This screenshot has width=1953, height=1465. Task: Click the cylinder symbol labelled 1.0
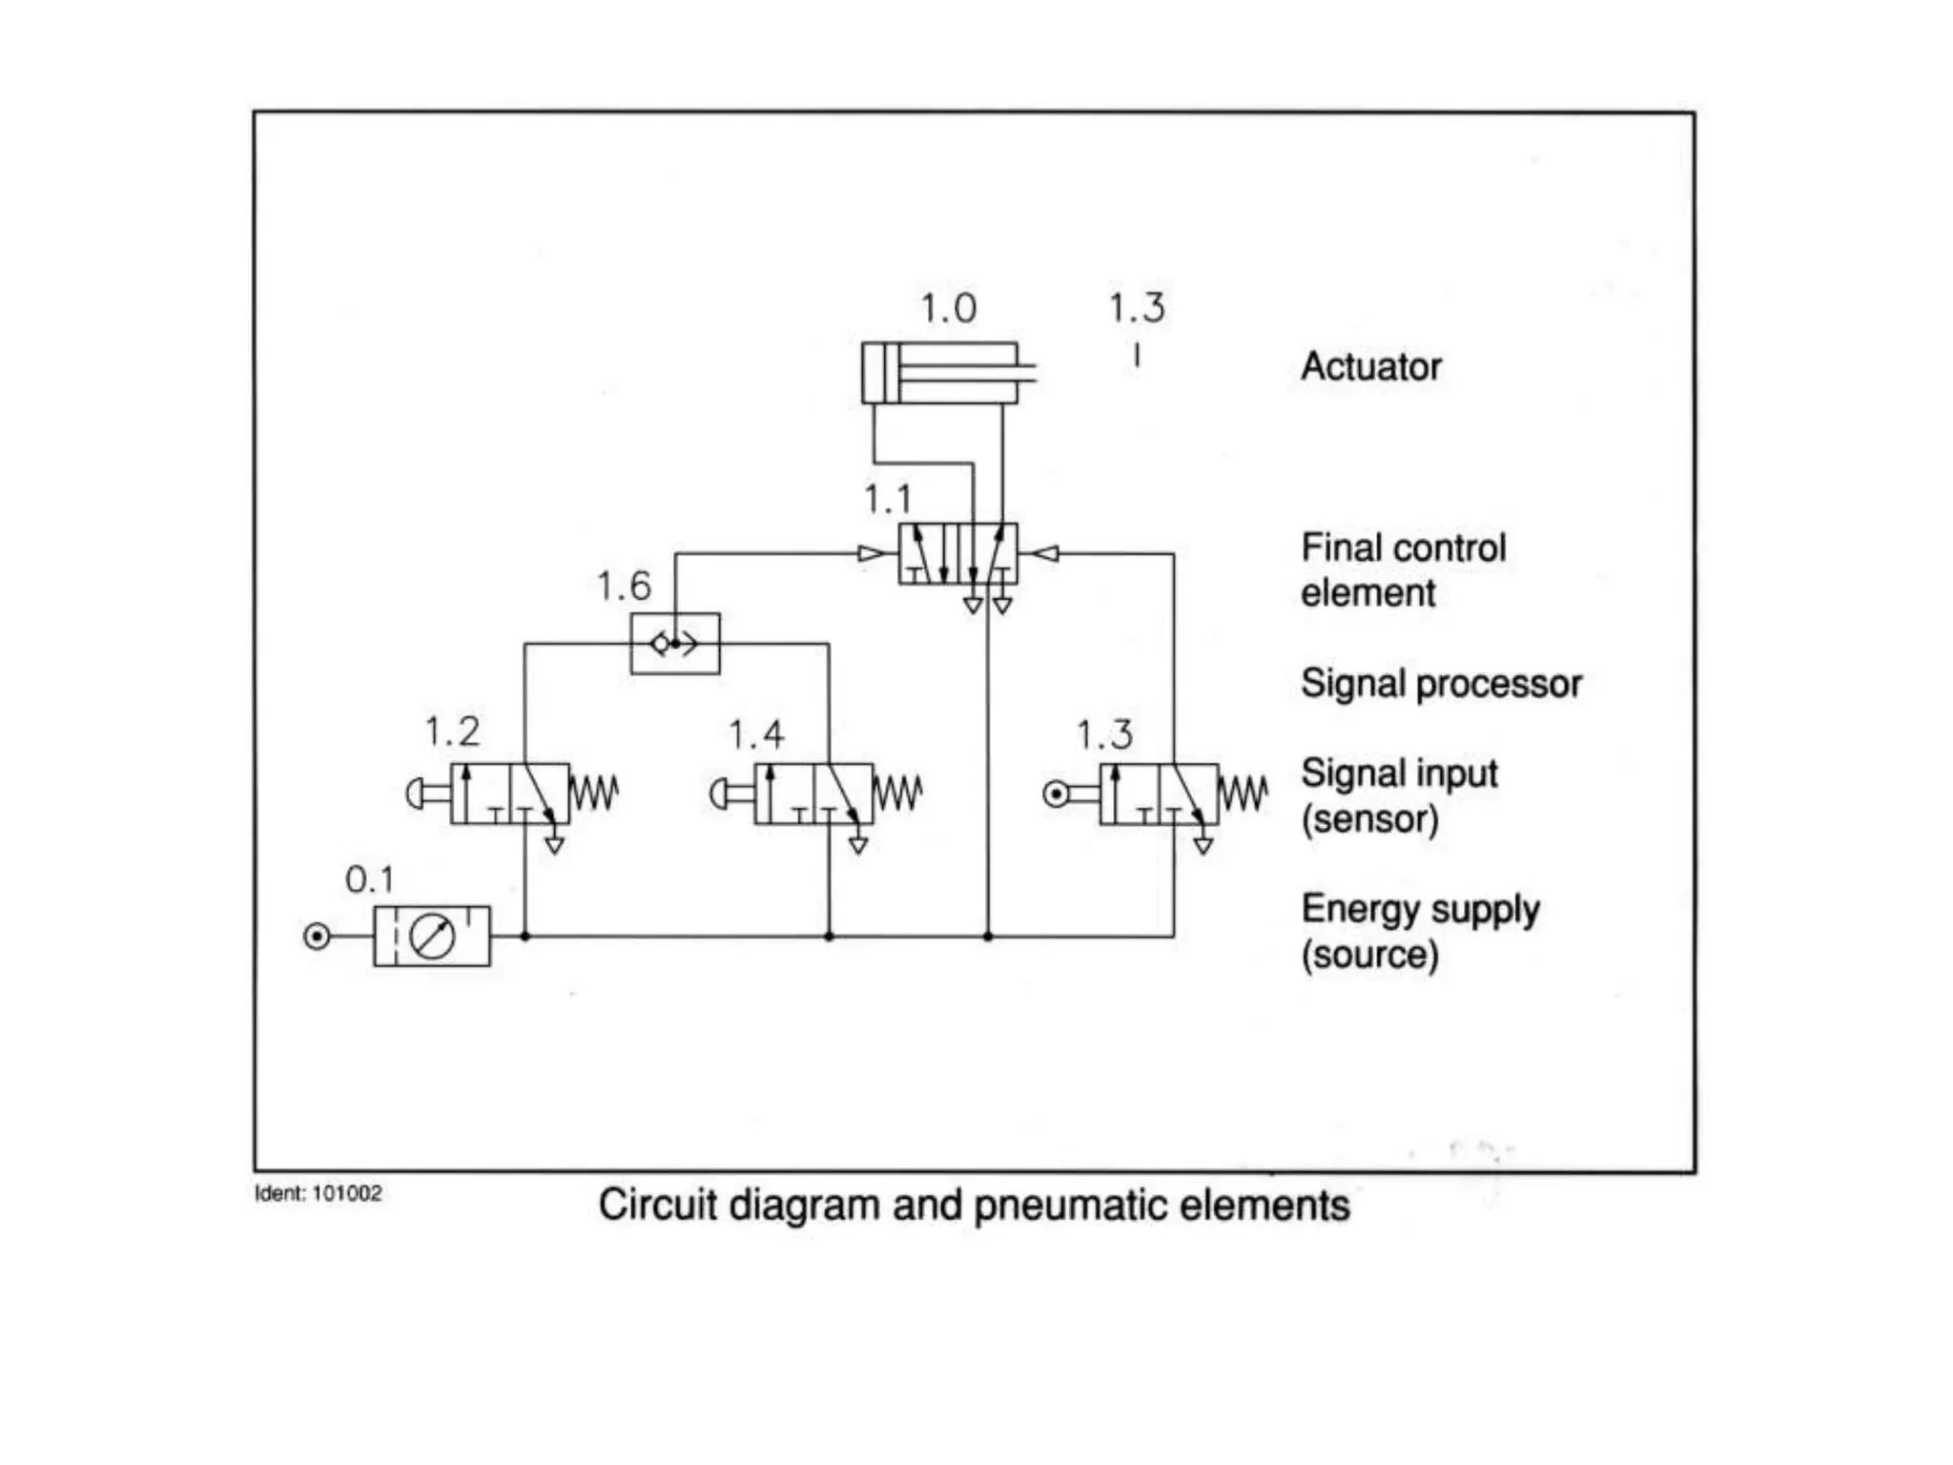point(939,373)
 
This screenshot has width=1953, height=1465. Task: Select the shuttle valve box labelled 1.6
point(675,644)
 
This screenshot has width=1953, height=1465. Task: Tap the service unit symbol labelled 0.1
point(432,937)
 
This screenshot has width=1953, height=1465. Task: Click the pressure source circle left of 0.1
point(317,937)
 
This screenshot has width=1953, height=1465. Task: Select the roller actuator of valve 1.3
point(1057,794)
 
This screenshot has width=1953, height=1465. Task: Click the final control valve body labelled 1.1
point(957,553)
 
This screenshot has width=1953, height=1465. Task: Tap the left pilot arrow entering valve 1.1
point(871,553)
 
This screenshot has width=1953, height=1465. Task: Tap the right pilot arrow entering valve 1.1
point(1046,553)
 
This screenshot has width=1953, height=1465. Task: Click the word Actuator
point(1370,367)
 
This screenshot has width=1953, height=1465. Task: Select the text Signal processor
point(1440,684)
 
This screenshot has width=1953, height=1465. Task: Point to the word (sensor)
point(1369,819)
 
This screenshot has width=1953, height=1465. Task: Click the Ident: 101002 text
point(318,1193)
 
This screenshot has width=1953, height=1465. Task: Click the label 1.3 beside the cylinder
point(1136,308)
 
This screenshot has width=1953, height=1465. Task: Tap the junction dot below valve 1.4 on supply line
point(829,937)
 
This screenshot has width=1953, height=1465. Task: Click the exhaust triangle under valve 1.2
point(554,845)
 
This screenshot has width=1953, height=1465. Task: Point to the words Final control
point(1403,548)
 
